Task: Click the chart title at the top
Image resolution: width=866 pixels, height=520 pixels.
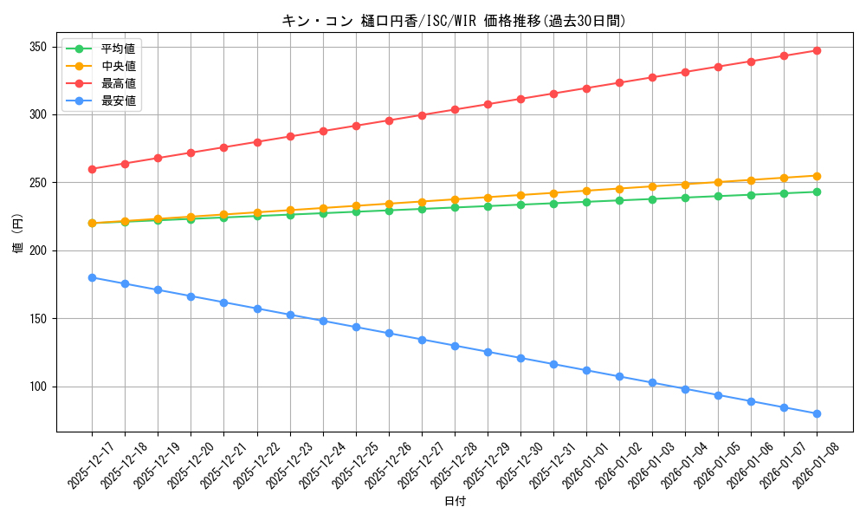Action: tap(454, 21)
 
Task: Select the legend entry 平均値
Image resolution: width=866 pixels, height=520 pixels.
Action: tap(118, 49)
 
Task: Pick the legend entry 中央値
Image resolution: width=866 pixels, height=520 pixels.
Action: tap(118, 66)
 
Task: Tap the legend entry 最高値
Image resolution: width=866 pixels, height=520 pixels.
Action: tap(118, 83)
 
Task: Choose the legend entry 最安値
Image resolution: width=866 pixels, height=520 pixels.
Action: tap(118, 101)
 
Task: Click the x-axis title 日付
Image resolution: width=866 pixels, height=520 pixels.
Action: tap(455, 502)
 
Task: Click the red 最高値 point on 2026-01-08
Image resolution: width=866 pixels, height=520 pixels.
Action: tap(817, 50)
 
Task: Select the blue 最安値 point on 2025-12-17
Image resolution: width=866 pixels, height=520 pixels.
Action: tap(92, 277)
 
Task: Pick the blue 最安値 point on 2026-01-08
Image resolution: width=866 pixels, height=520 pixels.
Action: tap(817, 413)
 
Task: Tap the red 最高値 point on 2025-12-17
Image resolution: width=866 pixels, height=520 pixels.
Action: tap(92, 169)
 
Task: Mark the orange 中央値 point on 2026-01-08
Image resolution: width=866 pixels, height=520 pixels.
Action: tap(817, 176)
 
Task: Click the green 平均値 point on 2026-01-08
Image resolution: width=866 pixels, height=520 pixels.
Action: tap(817, 192)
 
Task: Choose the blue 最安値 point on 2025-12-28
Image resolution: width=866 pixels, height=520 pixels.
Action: tap(455, 346)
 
